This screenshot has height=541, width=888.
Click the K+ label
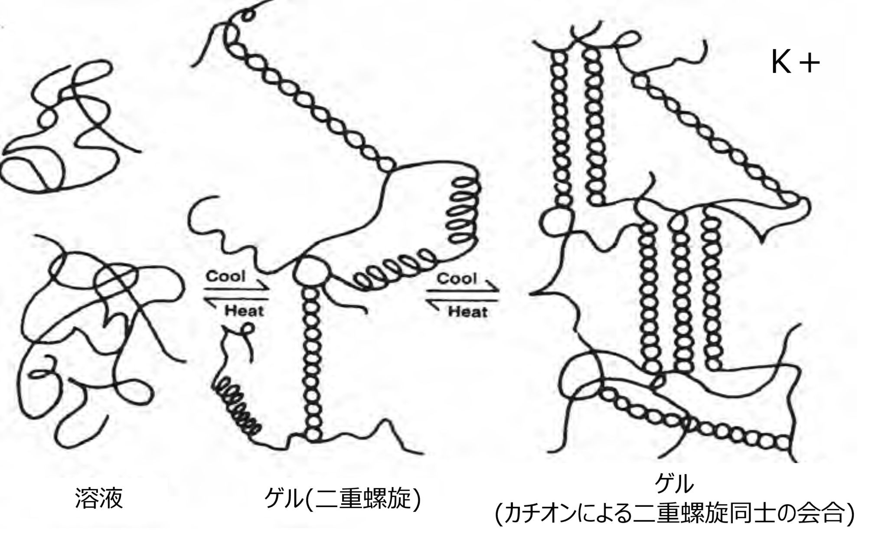tap(795, 62)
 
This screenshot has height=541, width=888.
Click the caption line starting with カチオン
tap(675, 514)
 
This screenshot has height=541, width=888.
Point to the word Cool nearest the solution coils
tap(225, 276)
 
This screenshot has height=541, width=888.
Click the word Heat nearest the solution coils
tap(245, 311)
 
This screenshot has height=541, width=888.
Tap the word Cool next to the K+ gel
tap(457, 278)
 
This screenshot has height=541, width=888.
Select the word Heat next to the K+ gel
tap(467, 311)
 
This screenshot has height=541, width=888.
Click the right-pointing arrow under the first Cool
tap(237, 287)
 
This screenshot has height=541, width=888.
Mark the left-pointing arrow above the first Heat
tap(237, 299)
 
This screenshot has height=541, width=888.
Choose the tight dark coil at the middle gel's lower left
tap(237, 406)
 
